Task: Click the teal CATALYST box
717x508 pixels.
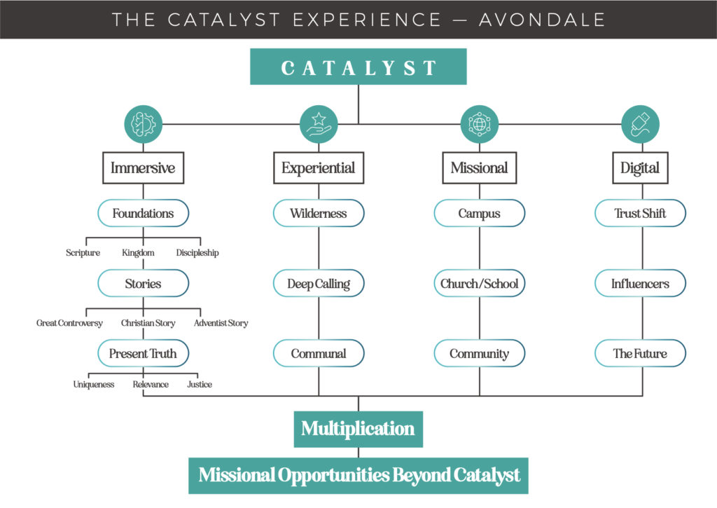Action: click(358, 67)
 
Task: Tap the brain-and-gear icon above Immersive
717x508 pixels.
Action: click(143, 124)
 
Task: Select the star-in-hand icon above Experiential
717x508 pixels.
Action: click(319, 124)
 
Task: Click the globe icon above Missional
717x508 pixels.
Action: click(479, 124)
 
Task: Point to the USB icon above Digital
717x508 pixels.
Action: click(640, 124)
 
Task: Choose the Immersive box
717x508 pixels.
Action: click(143, 168)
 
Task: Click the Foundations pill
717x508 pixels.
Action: click(143, 213)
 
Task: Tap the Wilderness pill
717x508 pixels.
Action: click(319, 213)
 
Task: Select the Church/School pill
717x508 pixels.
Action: click(479, 283)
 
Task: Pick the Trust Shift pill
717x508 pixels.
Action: click(640, 213)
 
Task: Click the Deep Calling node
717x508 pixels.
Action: click(319, 283)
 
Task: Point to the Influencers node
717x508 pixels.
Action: click(640, 283)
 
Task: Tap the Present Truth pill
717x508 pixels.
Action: click(143, 353)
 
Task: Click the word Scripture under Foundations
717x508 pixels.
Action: click(83, 253)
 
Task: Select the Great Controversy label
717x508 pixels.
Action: click(69, 323)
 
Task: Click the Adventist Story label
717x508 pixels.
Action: click(221, 323)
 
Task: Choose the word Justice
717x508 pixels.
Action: click(200, 385)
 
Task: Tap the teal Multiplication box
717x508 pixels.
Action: click(358, 429)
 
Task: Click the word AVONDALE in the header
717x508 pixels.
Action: click(543, 20)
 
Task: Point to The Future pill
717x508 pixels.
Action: click(640, 353)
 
